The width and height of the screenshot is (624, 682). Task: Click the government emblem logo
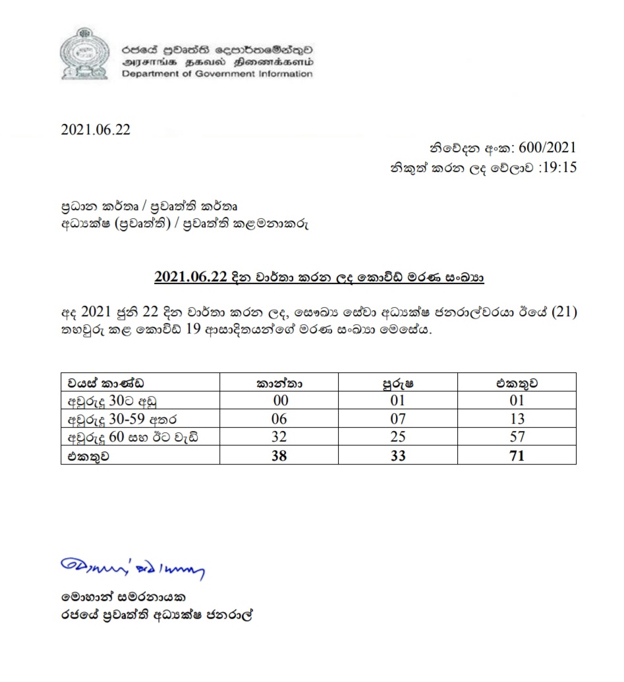pos(83,55)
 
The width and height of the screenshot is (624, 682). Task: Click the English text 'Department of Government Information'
pos(216,74)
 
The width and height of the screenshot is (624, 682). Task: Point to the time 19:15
pos(558,167)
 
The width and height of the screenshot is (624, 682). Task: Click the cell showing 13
pos(517,418)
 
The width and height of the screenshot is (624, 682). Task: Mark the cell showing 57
pos(517,436)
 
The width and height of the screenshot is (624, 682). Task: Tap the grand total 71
pos(517,455)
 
